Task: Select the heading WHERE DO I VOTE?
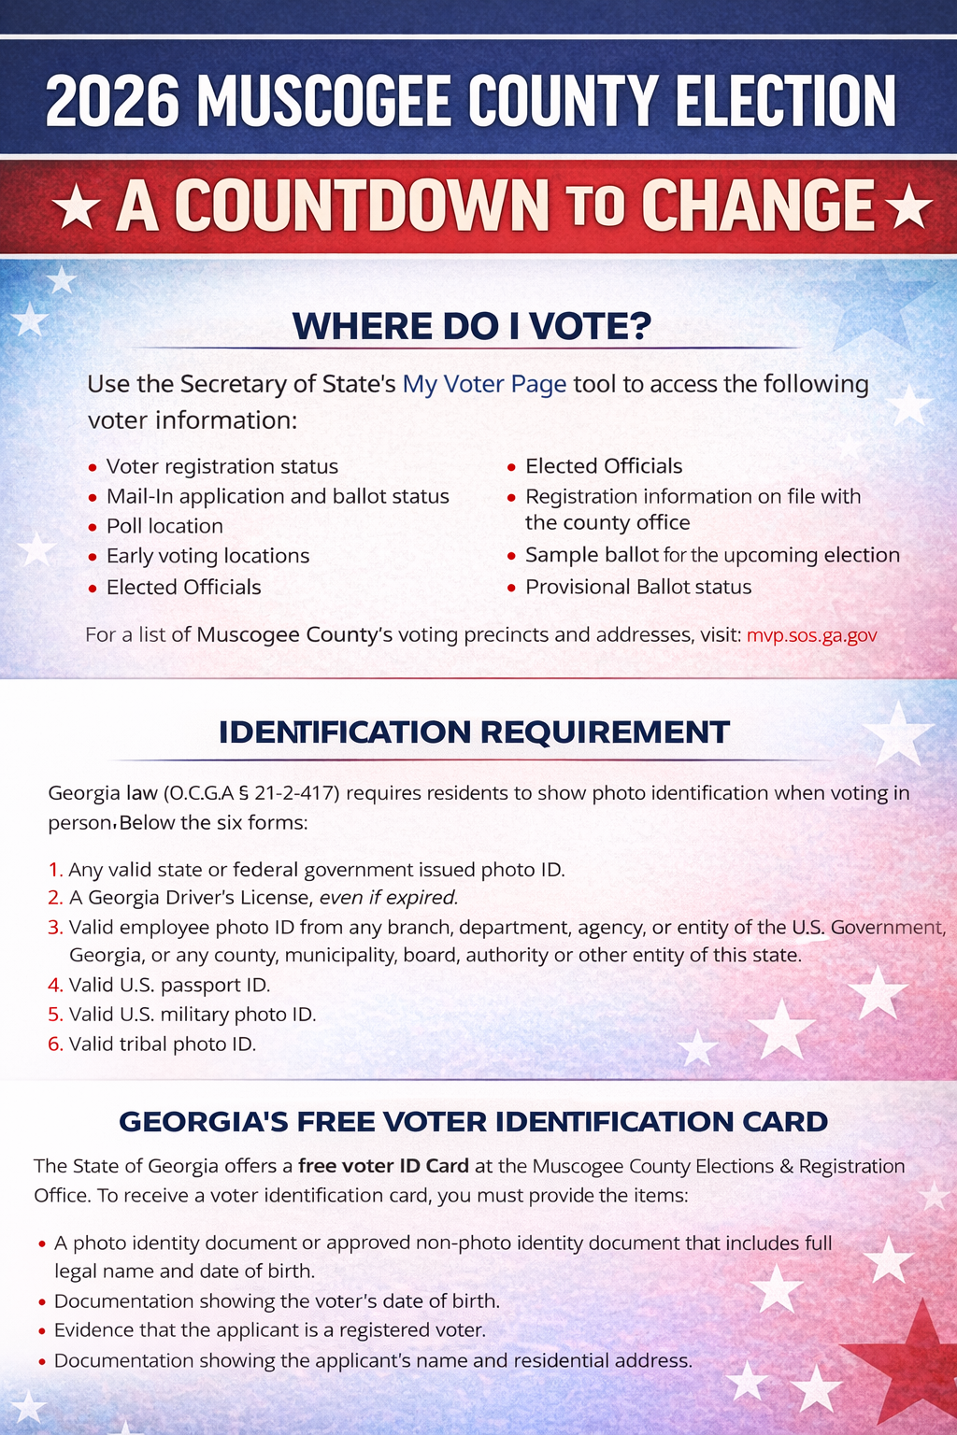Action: point(472,326)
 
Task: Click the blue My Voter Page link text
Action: point(484,384)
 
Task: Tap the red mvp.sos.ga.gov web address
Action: point(811,635)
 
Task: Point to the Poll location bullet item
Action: point(164,526)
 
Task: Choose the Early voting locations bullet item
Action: point(207,556)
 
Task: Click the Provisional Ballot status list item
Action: point(638,587)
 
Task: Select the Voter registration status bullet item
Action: point(221,466)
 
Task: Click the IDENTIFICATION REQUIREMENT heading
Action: point(474,732)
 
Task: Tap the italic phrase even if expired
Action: point(389,898)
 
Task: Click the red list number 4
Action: point(54,985)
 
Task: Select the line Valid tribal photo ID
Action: point(162,1044)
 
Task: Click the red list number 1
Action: point(54,870)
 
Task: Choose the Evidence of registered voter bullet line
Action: point(269,1330)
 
